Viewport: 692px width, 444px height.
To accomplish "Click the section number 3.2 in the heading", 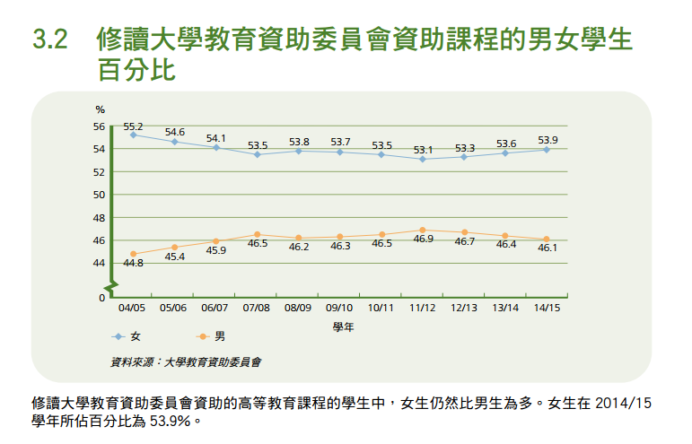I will (x=49, y=41).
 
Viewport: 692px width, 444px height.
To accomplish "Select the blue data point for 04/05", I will (x=133, y=135).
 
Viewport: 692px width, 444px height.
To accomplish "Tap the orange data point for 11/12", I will (x=423, y=230).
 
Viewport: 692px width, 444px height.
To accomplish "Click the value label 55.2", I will (x=134, y=126).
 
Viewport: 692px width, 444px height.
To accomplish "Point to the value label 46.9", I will (x=423, y=239).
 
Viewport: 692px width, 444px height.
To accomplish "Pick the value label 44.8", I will (x=134, y=264).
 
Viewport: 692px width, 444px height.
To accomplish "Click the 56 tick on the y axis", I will (x=100, y=126).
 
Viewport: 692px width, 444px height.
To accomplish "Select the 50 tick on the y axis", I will (x=100, y=195).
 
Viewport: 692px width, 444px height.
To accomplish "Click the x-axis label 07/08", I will (x=258, y=308).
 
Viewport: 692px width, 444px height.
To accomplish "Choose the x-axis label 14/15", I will (x=547, y=308).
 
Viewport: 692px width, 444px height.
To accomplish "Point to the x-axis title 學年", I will (x=343, y=327).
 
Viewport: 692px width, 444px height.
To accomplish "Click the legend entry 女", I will (x=136, y=336).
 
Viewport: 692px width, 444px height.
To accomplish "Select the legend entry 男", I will (x=221, y=336).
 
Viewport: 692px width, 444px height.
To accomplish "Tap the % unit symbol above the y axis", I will (x=100, y=109).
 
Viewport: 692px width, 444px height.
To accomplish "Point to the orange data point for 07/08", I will (x=258, y=234).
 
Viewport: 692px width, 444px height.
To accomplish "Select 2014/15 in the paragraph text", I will (x=618, y=403).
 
